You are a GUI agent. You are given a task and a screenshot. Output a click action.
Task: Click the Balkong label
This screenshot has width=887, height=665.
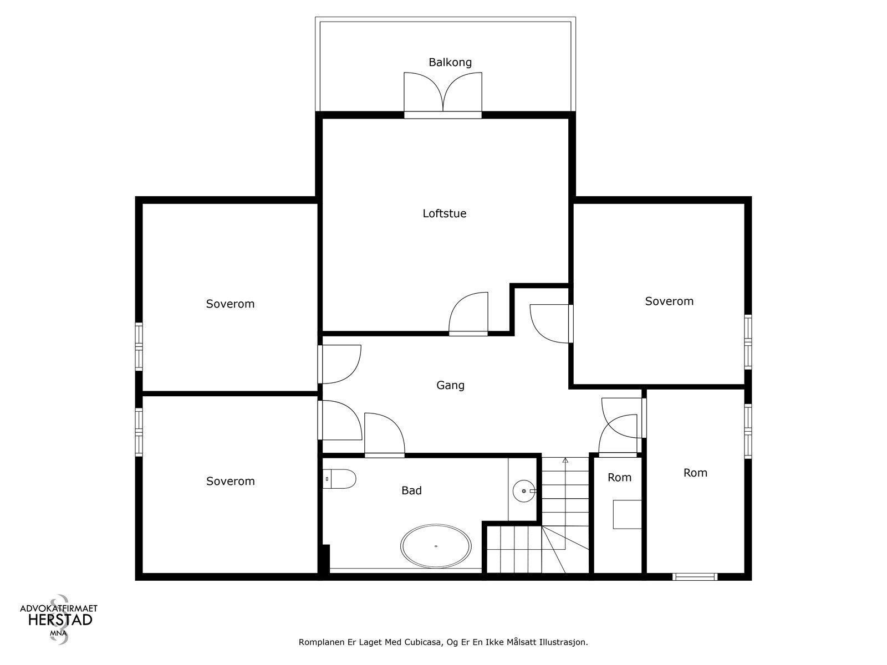click(450, 62)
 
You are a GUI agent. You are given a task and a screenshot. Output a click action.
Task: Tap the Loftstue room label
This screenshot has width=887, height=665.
click(445, 213)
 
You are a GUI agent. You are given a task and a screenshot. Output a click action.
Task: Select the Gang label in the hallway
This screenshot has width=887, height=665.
click(450, 385)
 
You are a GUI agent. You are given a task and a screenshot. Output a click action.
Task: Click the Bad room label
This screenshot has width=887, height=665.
click(411, 490)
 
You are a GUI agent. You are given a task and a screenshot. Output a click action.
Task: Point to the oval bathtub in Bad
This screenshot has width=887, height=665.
click(436, 546)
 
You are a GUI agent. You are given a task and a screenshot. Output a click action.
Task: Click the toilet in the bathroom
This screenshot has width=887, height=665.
click(339, 479)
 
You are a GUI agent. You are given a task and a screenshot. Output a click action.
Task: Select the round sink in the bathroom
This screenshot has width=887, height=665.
click(524, 491)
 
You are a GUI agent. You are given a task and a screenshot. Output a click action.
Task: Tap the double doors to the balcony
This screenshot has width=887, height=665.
click(443, 95)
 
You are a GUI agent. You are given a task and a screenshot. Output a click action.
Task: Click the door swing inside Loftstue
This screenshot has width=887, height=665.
click(468, 314)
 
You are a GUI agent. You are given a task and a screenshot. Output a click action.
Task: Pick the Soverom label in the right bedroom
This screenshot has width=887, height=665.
click(669, 301)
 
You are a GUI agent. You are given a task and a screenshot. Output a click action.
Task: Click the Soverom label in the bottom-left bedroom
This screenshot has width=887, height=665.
click(230, 481)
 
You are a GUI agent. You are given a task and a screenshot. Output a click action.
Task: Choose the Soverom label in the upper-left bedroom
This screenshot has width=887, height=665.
click(230, 304)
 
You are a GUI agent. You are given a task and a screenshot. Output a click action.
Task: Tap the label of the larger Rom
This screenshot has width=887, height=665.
click(695, 473)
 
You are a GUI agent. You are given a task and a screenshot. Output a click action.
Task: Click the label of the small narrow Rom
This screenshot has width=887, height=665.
click(619, 478)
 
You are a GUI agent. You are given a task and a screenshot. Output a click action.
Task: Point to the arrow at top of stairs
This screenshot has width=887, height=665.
click(565, 461)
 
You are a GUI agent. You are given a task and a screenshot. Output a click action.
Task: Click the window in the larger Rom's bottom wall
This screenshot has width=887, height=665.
click(695, 576)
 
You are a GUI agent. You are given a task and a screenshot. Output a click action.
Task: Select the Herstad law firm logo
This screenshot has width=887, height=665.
click(59, 619)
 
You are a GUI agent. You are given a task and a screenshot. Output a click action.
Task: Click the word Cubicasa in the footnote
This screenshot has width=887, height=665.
click(422, 642)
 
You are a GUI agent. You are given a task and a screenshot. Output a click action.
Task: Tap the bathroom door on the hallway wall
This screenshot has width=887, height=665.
click(384, 435)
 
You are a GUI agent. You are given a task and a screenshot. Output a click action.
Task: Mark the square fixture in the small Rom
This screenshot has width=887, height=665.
click(627, 514)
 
